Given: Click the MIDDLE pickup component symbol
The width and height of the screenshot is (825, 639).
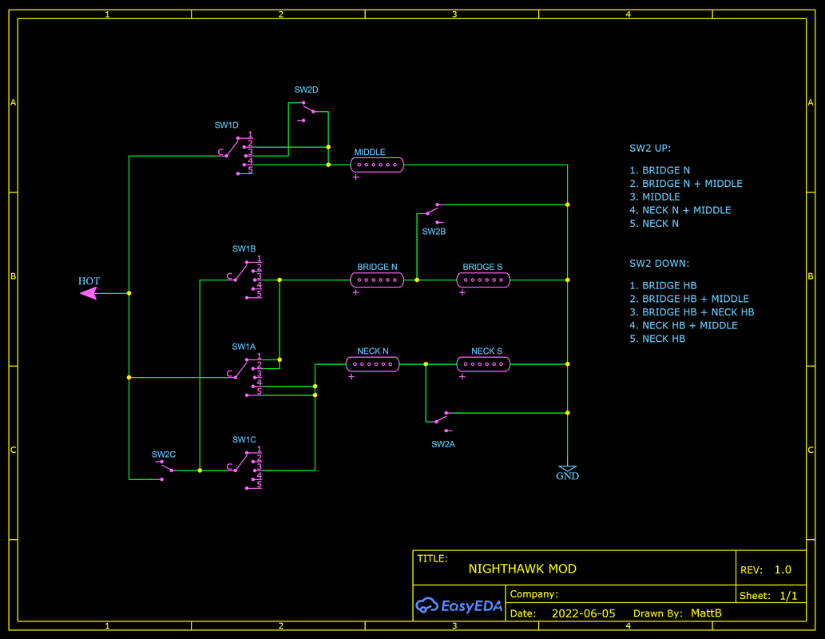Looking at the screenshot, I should click(377, 165).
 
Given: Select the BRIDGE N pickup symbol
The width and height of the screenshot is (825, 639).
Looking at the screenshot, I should click(377, 280).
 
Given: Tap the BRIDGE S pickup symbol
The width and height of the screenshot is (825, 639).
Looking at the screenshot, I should click(483, 280).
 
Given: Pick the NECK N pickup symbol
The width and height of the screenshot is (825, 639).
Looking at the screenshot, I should click(372, 364).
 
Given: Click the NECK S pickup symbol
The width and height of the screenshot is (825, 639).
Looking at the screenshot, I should click(483, 364).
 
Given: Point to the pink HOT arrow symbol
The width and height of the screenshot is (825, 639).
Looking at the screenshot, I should click(89, 293).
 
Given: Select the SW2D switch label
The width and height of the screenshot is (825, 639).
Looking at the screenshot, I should click(307, 89).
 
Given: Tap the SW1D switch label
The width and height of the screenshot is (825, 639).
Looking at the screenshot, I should click(227, 125).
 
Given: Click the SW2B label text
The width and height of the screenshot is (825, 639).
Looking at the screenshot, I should click(434, 232).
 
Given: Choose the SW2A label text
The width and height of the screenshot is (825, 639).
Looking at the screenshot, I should click(443, 444).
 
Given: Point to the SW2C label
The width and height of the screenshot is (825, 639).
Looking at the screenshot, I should click(164, 454).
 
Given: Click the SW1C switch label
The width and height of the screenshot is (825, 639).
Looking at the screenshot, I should click(244, 440).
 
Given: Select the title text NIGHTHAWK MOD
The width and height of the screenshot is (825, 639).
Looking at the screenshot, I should click(522, 570).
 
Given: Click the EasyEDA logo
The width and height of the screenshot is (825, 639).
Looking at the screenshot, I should click(459, 606).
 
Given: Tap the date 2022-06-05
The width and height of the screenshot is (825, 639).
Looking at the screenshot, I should click(583, 613).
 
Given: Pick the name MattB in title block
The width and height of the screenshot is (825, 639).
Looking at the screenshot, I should click(706, 613).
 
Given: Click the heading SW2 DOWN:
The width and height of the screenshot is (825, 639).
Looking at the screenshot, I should click(659, 264).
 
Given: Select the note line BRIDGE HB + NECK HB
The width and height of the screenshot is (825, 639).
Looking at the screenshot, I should click(697, 312).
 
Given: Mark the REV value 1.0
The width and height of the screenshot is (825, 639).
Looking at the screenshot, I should click(783, 570).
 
